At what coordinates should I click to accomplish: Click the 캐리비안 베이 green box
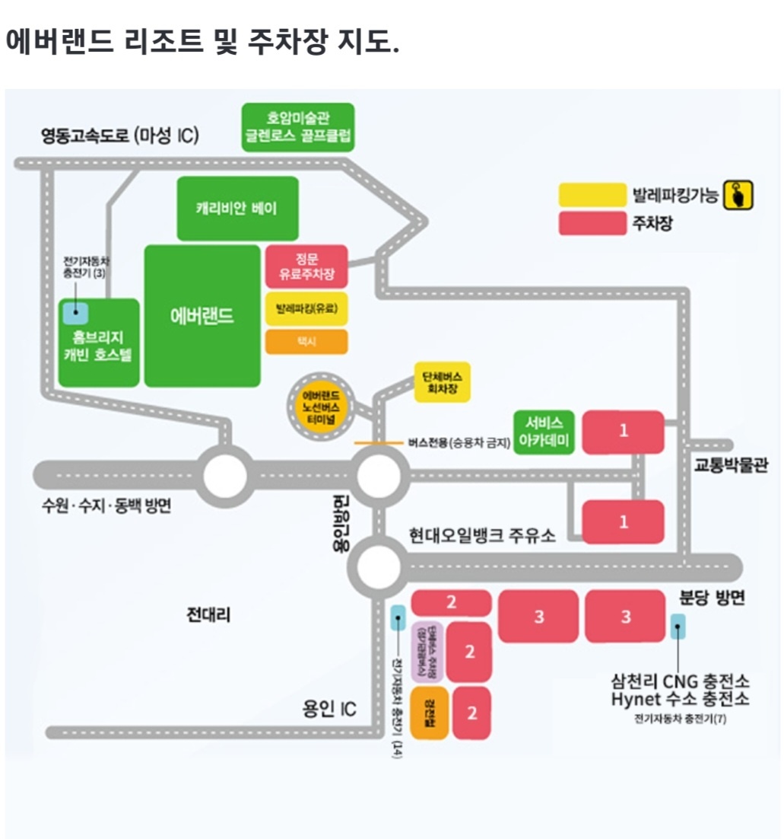click(236, 208)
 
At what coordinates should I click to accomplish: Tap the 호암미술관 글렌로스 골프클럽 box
click(298, 128)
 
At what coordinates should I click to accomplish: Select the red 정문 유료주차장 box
click(306, 266)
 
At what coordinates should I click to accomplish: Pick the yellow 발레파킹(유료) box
click(306, 309)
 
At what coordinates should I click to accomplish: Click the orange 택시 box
click(306, 342)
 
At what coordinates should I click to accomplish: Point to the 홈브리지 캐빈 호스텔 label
click(99, 347)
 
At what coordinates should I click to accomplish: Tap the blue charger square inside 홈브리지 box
click(75, 311)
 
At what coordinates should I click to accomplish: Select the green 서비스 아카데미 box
click(544, 432)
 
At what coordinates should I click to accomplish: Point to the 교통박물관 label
click(730, 467)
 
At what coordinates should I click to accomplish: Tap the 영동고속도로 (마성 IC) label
click(119, 136)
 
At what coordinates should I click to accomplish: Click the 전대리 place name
click(208, 614)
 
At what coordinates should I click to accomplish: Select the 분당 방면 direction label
click(712, 599)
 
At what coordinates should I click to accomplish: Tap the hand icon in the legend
click(738, 196)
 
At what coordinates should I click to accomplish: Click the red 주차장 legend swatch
click(592, 224)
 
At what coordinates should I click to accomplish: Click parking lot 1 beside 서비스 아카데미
click(624, 432)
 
